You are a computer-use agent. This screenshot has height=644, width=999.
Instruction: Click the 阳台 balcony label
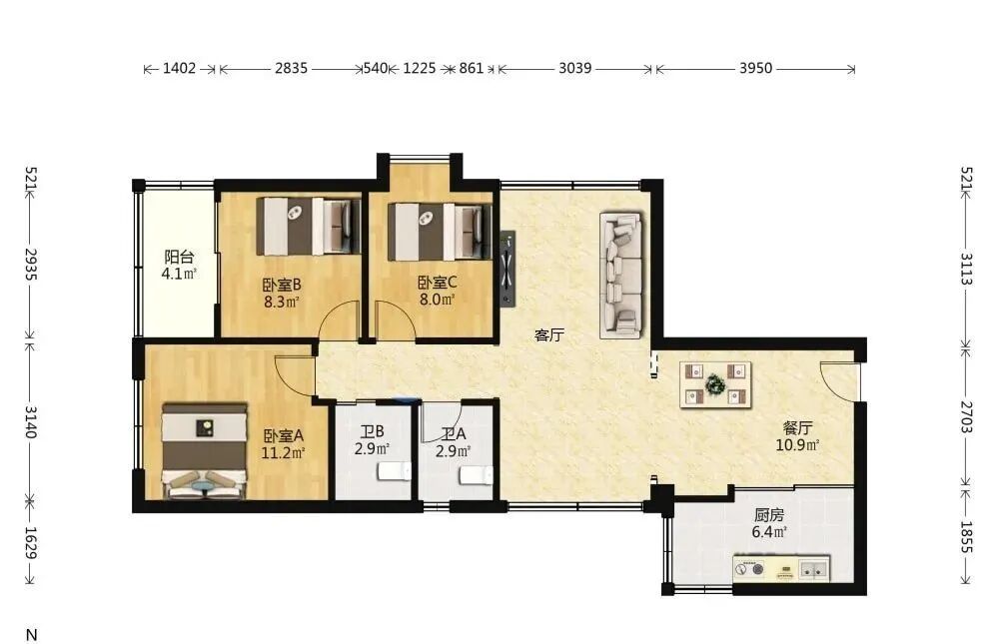coord(179,257)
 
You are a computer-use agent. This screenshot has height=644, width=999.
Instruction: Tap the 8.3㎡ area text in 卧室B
coord(283,301)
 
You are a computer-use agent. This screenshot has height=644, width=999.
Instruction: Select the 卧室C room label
coord(438,283)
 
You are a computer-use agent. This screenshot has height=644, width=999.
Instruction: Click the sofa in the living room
coord(620,276)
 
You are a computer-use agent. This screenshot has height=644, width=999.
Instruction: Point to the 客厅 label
coord(549,335)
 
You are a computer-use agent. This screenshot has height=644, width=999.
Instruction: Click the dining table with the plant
coord(715,384)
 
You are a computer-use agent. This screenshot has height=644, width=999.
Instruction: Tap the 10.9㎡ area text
coord(797,444)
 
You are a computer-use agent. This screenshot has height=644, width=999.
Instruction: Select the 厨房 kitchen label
coord(769,514)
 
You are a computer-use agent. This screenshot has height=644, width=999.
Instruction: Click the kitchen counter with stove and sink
coord(781,567)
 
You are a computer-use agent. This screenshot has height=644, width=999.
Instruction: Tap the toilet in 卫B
coord(395,471)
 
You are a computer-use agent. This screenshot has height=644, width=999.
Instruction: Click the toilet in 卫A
coord(476,474)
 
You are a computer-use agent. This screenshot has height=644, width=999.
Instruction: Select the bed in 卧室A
coord(205,449)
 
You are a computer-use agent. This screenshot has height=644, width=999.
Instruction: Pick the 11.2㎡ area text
coord(284,453)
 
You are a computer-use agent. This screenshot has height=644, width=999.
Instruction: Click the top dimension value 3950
coord(755,68)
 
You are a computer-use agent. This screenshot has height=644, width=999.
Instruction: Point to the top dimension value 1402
coord(179,68)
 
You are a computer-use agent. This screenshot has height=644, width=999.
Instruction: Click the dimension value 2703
coord(966,416)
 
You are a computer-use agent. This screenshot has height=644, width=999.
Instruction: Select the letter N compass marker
coord(31,635)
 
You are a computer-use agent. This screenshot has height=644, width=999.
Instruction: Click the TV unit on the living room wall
coord(507,269)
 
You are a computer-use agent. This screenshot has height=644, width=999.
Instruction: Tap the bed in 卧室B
coord(309,226)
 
